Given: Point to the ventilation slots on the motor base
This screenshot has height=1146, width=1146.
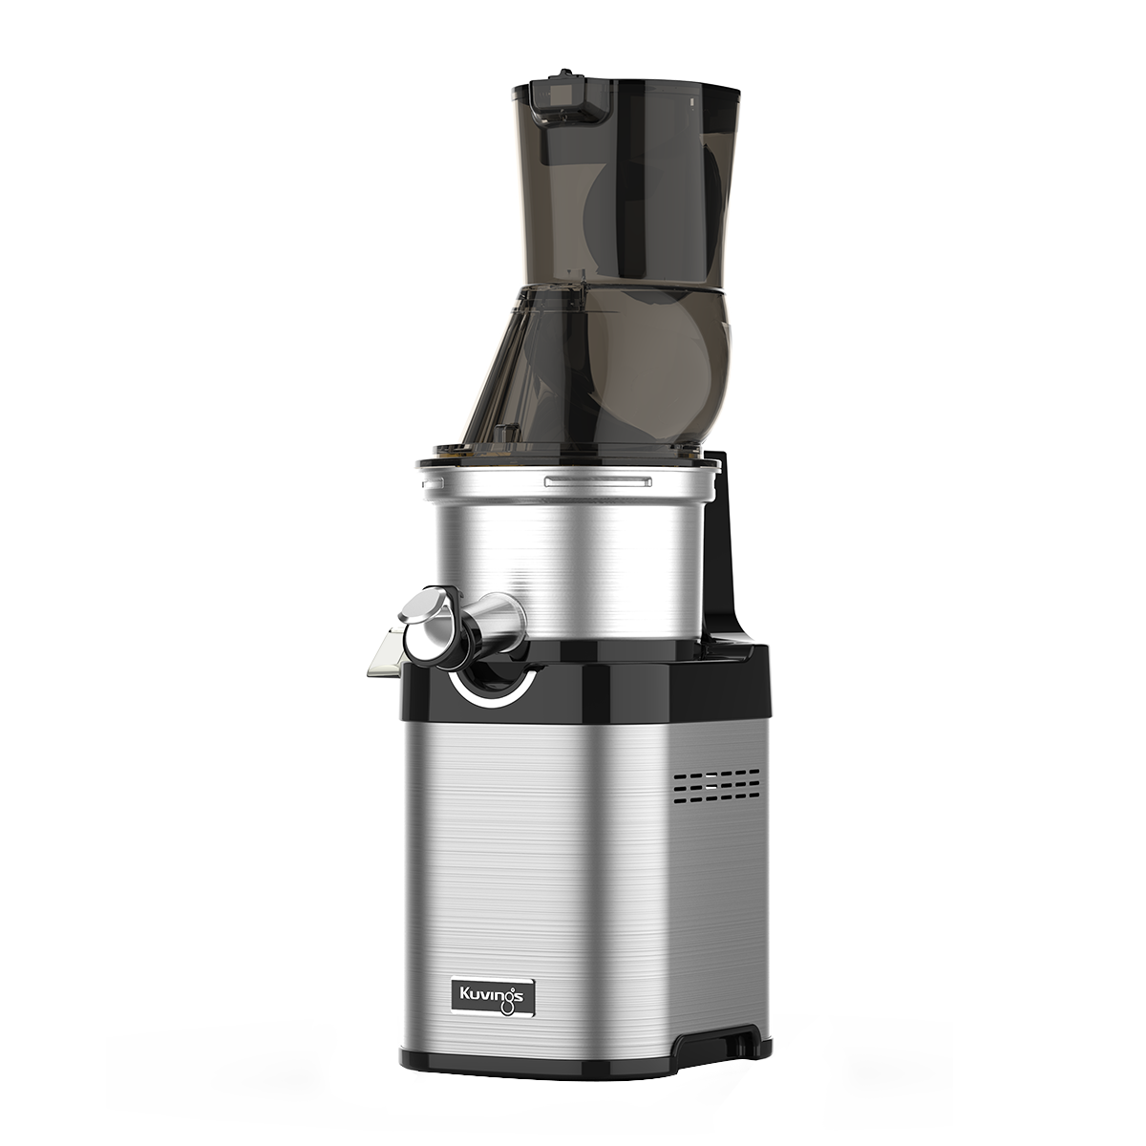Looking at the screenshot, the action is click(722, 786).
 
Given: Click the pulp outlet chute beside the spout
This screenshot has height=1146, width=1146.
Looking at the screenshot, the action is click(387, 652).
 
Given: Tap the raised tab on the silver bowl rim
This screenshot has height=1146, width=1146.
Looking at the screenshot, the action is click(598, 480).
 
